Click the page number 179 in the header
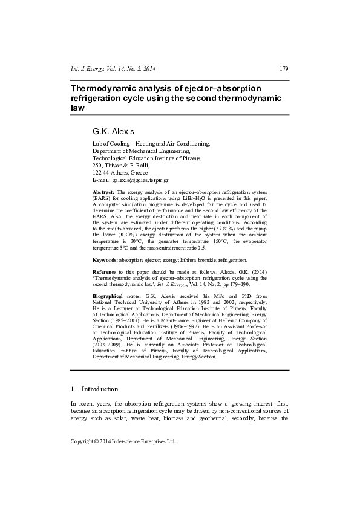pos(283,68)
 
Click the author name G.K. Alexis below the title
pos(112,131)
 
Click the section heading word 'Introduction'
pos(100,389)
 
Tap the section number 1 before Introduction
pos(73,389)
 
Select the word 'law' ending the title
pos(77,108)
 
